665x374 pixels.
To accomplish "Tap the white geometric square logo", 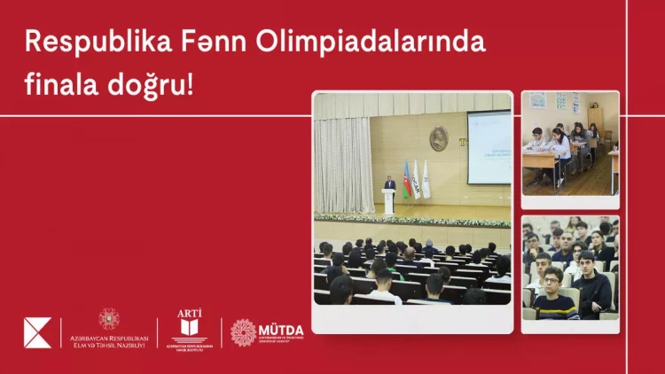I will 37,332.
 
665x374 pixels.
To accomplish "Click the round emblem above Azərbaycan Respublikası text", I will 109,318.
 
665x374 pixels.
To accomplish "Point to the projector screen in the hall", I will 489,146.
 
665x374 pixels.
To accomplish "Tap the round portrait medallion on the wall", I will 439,139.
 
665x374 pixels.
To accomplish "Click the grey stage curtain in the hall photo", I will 344,165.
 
